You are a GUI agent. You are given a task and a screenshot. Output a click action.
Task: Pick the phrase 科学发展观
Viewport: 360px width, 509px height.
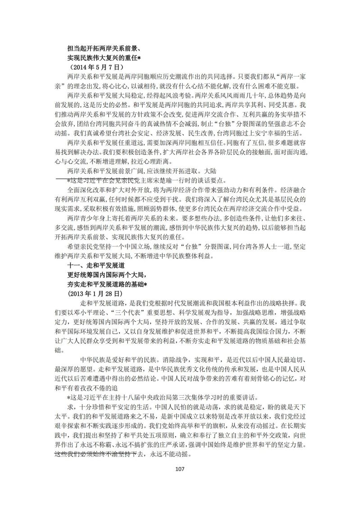[220, 313]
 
